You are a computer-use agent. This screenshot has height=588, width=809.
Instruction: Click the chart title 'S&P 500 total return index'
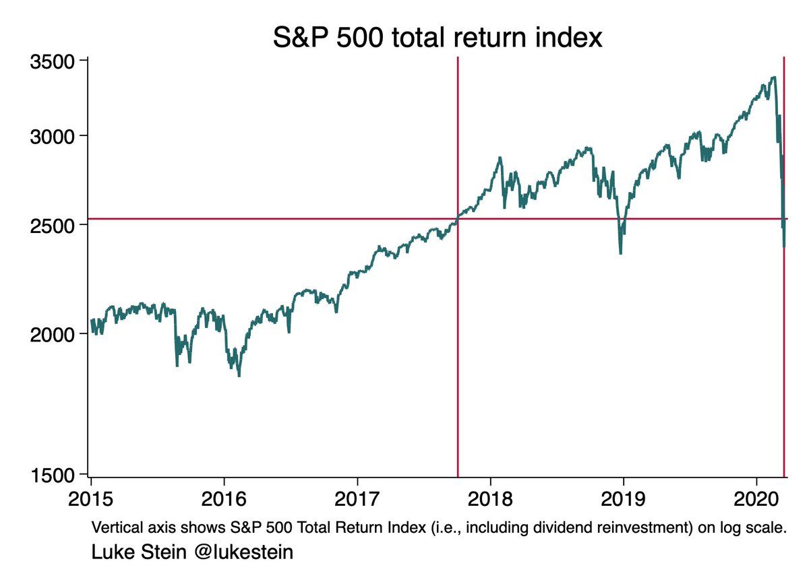[x=437, y=38]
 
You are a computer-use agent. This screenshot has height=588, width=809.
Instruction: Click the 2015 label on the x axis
[x=91, y=501]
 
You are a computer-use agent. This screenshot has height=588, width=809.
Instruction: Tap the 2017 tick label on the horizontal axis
[x=357, y=501]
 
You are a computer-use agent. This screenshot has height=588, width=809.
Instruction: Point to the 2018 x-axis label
[x=490, y=501]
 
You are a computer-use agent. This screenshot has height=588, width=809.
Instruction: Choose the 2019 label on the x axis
[x=624, y=501]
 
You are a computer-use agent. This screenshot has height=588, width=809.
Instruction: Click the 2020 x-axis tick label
[x=756, y=501]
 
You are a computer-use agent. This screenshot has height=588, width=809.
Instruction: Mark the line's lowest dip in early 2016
[x=239, y=376]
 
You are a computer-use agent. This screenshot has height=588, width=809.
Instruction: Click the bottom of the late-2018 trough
[x=620, y=254]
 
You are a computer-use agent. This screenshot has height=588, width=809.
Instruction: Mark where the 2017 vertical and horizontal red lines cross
[x=458, y=218]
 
